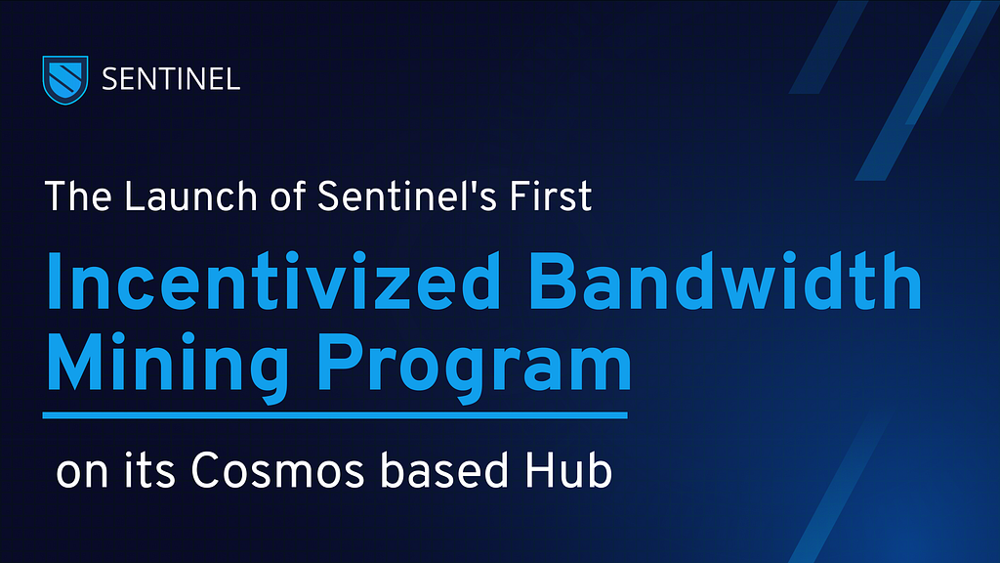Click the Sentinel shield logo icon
point(65,79)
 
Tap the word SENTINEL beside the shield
point(171,80)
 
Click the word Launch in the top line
point(190,195)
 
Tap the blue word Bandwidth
point(726,281)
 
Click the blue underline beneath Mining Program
point(335,415)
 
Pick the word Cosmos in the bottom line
point(277,471)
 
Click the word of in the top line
point(288,195)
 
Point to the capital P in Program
point(337,361)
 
